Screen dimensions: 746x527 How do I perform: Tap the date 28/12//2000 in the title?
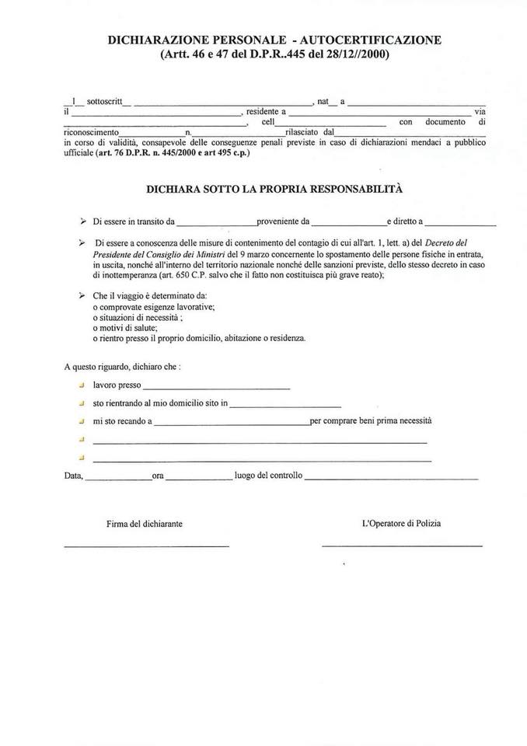click(x=350, y=54)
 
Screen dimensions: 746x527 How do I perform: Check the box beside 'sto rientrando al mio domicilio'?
click(x=81, y=403)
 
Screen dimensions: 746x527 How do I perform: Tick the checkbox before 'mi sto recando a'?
click(x=81, y=421)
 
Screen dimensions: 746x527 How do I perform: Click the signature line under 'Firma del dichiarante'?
click(x=146, y=546)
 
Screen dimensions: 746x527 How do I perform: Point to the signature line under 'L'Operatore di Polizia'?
click(x=402, y=546)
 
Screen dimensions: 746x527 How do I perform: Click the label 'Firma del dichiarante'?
click(x=145, y=524)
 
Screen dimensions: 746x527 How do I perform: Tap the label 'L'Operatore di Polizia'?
click(x=401, y=524)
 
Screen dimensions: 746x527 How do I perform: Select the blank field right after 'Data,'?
click(x=117, y=477)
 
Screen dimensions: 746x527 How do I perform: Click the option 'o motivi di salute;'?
click(x=125, y=328)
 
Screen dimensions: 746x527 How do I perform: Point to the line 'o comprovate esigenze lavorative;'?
click(x=154, y=307)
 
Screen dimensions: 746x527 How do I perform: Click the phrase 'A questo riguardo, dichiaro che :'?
click(x=123, y=365)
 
